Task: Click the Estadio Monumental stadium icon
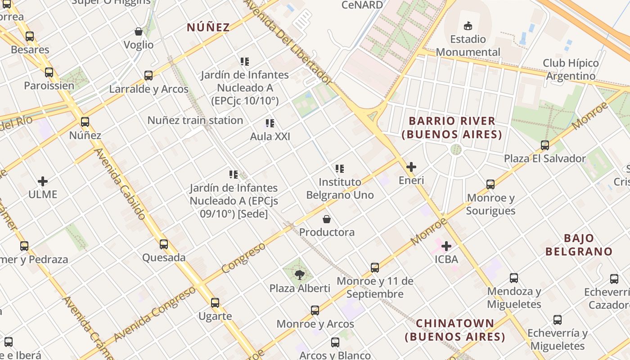(468, 26)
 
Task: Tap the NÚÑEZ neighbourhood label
(208, 27)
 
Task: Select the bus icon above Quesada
(164, 244)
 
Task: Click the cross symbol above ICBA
(446, 246)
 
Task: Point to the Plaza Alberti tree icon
(299, 274)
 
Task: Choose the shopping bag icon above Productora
(327, 219)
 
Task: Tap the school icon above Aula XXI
(270, 123)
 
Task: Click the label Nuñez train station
(195, 120)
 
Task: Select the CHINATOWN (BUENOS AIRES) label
(454, 330)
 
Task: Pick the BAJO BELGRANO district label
(579, 245)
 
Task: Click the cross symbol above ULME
(43, 181)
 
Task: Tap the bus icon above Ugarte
(215, 303)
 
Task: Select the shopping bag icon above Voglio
(139, 31)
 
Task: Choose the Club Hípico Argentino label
(571, 69)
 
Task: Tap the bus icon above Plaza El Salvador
(545, 145)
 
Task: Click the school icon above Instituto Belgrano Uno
(340, 169)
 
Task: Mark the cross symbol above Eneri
(411, 167)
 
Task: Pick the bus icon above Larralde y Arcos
(148, 76)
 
